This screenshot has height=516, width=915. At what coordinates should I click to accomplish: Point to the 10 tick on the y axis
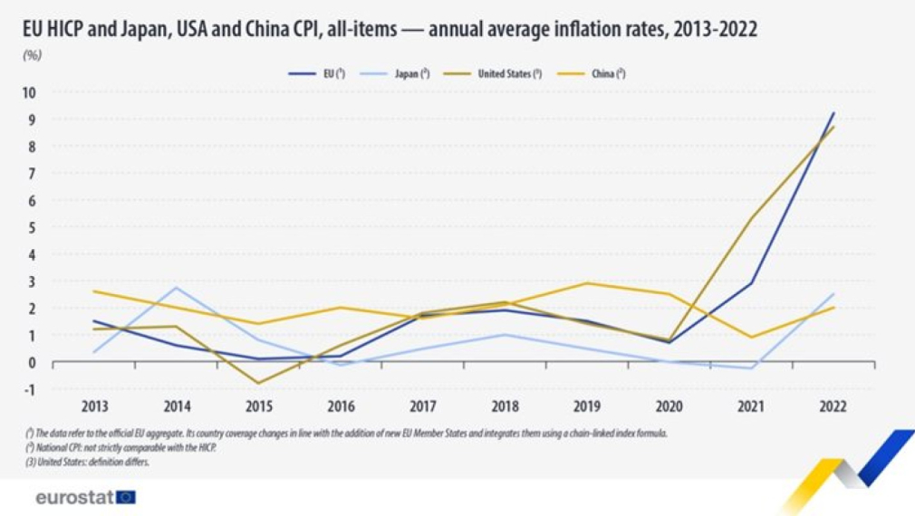[x=29, y=92]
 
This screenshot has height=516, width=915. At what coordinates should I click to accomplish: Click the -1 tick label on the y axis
[x=29, y=389]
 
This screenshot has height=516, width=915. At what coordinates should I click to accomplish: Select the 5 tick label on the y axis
[x=31, y=227]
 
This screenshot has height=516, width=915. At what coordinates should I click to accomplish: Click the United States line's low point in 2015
[x=258, y=383]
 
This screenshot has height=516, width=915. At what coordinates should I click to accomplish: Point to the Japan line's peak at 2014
[x=177, y=288]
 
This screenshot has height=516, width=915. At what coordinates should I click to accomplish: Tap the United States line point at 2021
[x=751, y=218]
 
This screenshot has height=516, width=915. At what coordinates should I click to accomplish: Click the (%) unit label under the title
[x=32, y=54]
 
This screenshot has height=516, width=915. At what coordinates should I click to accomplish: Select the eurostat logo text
[x=73, y=497]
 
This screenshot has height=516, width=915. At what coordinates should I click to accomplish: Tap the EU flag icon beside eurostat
[x=125, y=497]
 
